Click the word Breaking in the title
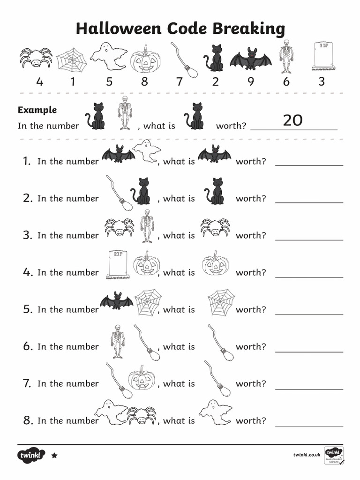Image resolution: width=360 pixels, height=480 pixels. [249, 29]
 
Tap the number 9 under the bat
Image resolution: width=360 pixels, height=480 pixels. [251, 82]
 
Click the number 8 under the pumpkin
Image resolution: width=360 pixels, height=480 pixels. [144, 82]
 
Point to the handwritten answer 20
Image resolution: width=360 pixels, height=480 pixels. [292, 120]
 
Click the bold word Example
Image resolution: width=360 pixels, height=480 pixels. [37, 110]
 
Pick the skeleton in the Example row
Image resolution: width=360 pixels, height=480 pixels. [125, 113]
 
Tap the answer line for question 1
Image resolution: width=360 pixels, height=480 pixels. [309, 165]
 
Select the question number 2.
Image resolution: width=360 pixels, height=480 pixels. [28, 198]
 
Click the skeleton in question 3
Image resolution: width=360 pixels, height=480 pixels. [147, 226]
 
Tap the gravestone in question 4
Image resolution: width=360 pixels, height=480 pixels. [117, 265]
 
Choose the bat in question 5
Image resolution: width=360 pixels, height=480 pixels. [117, 301]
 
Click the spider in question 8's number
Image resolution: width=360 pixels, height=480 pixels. [142, 415]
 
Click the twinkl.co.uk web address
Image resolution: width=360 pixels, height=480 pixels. [307, 455]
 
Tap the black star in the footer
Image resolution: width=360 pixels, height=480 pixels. [54, 455]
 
